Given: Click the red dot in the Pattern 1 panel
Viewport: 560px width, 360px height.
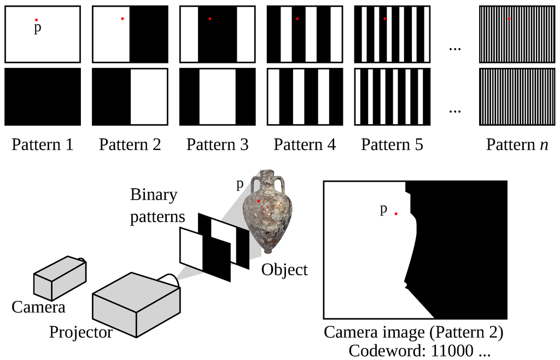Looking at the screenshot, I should click(36, 20).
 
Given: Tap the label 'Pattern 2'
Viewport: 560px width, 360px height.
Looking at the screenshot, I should click(130, 145).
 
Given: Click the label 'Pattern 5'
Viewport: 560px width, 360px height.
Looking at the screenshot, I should click(392, 145).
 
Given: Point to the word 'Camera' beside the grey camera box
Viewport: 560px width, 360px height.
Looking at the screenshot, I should click(38, 307).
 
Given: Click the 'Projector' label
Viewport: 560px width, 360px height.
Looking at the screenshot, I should click(81, 332).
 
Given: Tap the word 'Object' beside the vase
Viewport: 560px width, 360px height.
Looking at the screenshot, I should click(284, 270).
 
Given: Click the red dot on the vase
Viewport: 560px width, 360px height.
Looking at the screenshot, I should click(259, 201).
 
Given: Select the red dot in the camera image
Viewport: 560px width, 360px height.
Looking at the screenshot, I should click(396, 213).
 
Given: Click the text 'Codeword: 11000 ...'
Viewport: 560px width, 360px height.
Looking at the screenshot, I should click(419, 350).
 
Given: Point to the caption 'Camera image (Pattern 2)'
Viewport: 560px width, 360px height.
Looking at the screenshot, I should click(413, 332).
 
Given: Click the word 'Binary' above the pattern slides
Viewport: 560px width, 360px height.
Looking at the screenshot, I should click(154, 195).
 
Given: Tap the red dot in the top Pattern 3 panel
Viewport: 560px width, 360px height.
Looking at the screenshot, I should click(210, 19).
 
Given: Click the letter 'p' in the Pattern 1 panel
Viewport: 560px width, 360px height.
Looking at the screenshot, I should click(37, 29).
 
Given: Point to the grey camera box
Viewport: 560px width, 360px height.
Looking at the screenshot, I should click(59, 277).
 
